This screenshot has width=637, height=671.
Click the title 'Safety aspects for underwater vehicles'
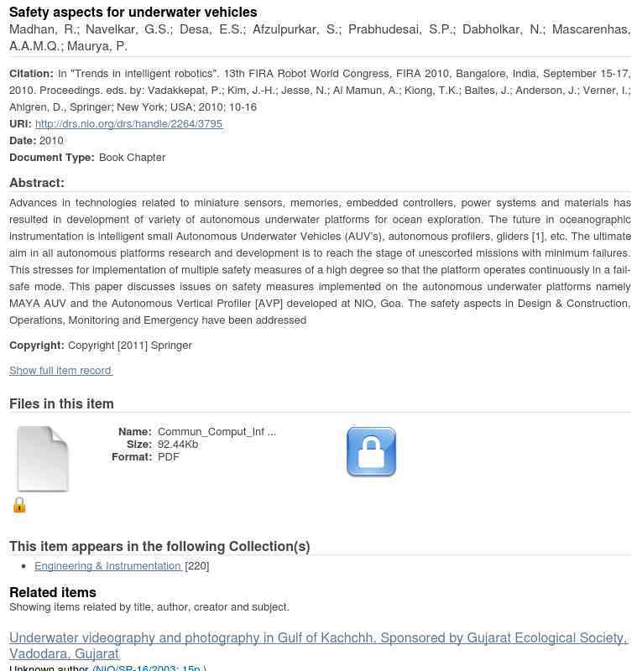pyautogui.click(x=133, y=12)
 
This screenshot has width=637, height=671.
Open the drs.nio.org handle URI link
pyautogui.click(x=128, y=123)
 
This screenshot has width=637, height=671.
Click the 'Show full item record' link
pyautogui.click(x=60, y=370)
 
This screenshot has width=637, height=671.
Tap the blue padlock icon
pyautogui.click(x=371, y=452)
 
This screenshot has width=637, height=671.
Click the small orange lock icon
pyautogui.click(x=19, y=504)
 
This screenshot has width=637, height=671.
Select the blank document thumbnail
pyautogui.click(x=43, y=459)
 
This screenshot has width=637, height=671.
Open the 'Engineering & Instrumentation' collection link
pyautogui.click(x=107, y=566)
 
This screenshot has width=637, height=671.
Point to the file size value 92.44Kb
pyautogui.click(x=178, y=445)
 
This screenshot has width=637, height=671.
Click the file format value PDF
pyautogui.click(x=169, y=457)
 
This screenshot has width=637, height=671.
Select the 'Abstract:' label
pyautogui.click(x=37, y=183)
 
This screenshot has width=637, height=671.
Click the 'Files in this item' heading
pyautogui.click(x=61, y=403)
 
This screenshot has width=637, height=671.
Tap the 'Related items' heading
pyautogui.click(x=53, y=592)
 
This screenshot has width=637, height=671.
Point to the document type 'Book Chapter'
pyautogui.click(x=132, y=157)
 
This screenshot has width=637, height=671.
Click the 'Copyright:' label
pyautogui.click(x=37, y=345)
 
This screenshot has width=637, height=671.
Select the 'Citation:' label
pyautogui.click(x=31, y=73)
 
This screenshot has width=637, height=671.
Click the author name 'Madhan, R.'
pyautogui.click(x=41, y=29)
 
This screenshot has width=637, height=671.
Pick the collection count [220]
pyautogui.click(x=197, y=566)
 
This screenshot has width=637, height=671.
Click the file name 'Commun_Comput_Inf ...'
pyautogui.click(x=217, y=432)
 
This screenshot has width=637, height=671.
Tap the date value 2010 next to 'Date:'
pyautogui.click(x=51, y=140)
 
